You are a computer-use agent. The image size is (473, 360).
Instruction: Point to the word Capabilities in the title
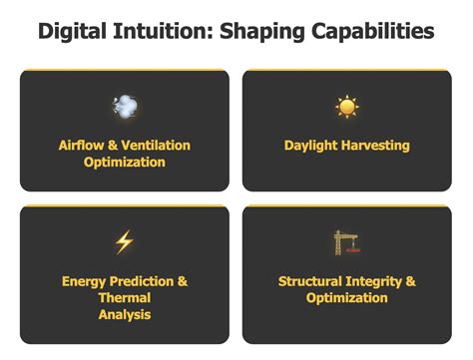point(373,31)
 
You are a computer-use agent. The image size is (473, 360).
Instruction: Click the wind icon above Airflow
point(125,106)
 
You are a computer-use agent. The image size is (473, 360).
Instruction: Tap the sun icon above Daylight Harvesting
point(346,107)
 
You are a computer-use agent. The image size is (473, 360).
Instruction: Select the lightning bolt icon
point(124,241)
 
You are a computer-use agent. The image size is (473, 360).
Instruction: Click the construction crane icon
point(346,241)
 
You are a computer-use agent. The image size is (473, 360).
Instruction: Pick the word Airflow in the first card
point(83,146)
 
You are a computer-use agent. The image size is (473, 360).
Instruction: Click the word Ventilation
point(156,146)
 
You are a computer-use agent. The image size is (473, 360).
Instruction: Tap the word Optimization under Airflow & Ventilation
point(125,163)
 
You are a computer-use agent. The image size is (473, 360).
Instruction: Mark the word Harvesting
point(377,146)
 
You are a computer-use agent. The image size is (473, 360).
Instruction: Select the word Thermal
point(125,298)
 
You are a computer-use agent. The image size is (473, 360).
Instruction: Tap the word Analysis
point(125,315)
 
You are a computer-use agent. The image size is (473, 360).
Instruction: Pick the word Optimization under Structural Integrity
point(346,298)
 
